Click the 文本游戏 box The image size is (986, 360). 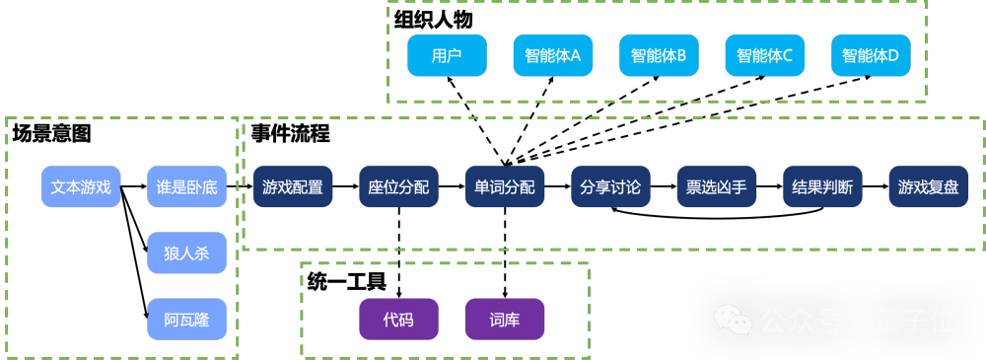pyautogui.click(x=81, y=187)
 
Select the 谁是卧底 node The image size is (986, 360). pyautogui.click(x=186, y=187)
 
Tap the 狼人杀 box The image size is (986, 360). pyautogui.click(x=186, y=253)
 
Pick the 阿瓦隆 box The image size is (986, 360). pyautogui.click(x=186, y=320)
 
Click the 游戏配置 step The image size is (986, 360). pyautogui.click(x=293, y=187)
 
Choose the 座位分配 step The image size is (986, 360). pyautogui.click(x=398, y=187)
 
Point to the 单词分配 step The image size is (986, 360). pyautogui.click(x=504, y=187)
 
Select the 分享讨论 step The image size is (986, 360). pyautogui.click(x=610, y=187)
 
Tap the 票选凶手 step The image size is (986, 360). pyautogui.click(x=716, y=187)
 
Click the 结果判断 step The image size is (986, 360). pyautogui.click(x=822, y=187)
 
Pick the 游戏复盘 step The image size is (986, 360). pyautogui.click(x=928, y=187)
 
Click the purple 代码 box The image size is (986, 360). pyautogui.click(x=398, y=320)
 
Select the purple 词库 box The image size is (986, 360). pyautogui.click(x=504, y=320)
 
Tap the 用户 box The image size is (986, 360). pyautogui.click(x=447, y=55)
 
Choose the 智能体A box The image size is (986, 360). pyautogui.click(x=553, y=55)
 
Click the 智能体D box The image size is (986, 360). pyautogui.click(x=871, y=55)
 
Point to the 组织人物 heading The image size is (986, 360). pyautogui.click(x=433, y=20)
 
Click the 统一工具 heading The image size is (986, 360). pyautogui.click(x=346, y=281)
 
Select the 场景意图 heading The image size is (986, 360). pyautogui.click(x=51, y=133)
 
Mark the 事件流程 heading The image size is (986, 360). pyautogui.click(x=291, y=133)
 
